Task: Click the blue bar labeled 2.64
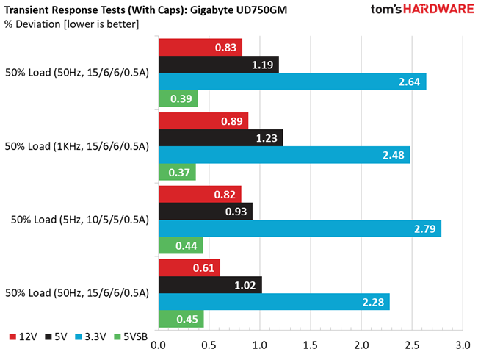292,82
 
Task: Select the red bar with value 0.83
200,48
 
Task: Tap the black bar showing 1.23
221,137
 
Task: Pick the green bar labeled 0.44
181,245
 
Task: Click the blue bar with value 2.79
300,228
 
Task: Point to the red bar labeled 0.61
189,268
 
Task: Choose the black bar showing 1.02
210,285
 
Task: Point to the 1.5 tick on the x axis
310,345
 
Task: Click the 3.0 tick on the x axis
462,345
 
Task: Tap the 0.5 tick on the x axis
209,345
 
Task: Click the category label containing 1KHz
77,146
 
